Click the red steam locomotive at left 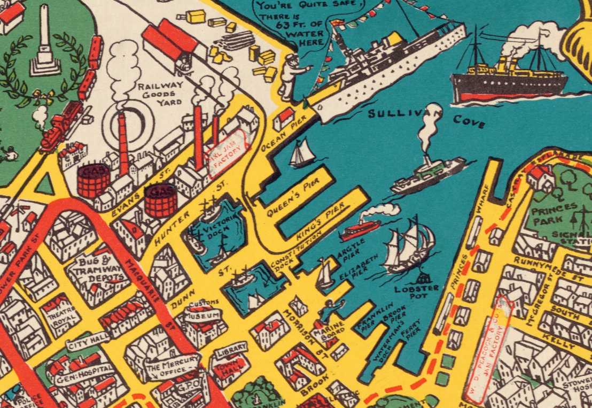[x=60, y=125]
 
